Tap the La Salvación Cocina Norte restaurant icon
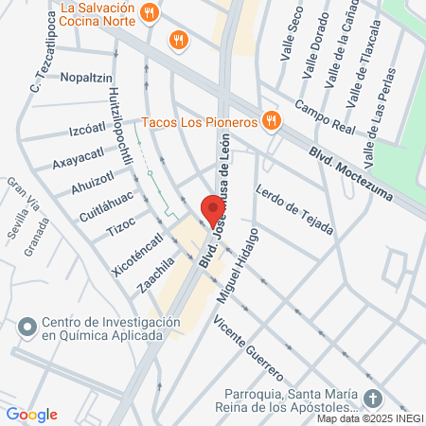[149, 12]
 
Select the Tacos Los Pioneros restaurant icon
[272, 120]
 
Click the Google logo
[31, 415]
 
